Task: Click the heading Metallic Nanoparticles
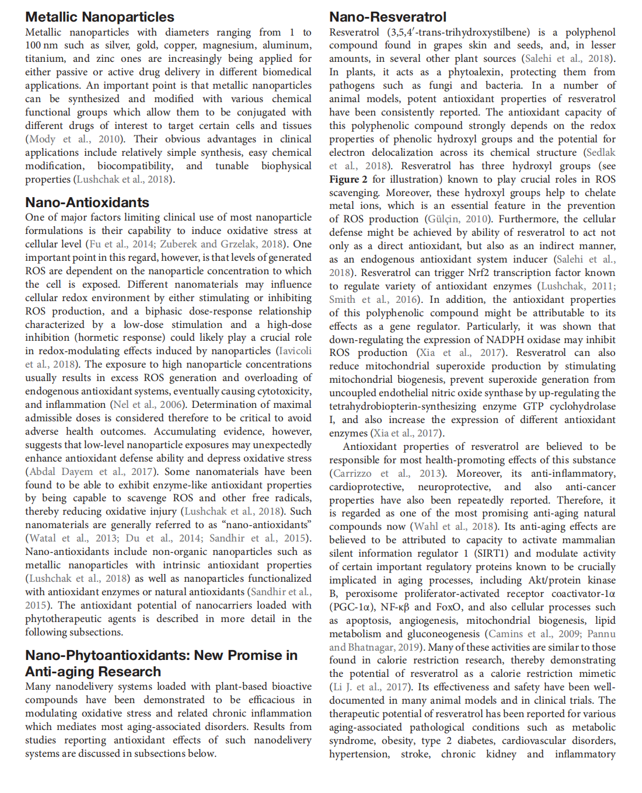click(x=100, y=17)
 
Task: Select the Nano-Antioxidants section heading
click(x=87, y=202)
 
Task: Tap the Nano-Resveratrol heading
click(x=388, y=17)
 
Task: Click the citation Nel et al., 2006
click(x=148, y=404)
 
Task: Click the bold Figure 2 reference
click(x=348, y=179)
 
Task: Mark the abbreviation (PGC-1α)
click(x=353, y=607)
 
